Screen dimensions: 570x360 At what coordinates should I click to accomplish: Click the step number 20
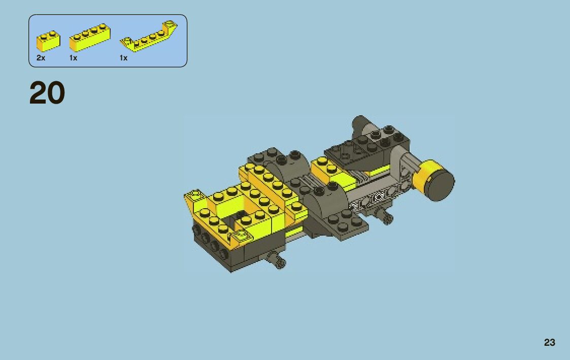pyautogui.click(x=47, y=93)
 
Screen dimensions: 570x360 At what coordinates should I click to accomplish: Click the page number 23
pyautogui.click(x=550, y=342)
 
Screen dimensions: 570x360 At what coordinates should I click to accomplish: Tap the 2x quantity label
pyautogui.click(x=41, y=58)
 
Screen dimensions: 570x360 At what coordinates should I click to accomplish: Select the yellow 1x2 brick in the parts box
pyautogui.click(x=48, y=41)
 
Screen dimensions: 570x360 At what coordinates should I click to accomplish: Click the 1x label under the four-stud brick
pyautogui.click(x=73, y=58)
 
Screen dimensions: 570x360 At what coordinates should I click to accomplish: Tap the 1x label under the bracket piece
pyautogui.click(x=124, y=58)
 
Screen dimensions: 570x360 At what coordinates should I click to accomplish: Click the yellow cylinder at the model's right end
pyautogui.click(x=429, y=175)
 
